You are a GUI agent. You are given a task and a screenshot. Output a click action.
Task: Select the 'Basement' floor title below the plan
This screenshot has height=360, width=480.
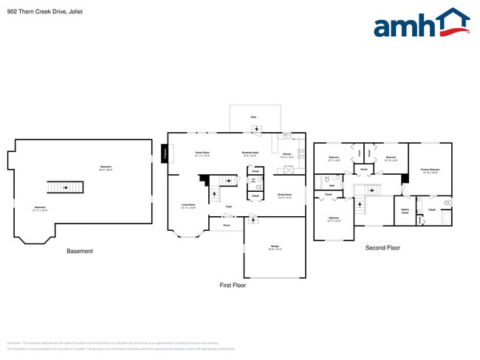point(80,252)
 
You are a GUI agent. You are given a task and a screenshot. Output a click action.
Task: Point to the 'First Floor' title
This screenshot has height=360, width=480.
point(233,285)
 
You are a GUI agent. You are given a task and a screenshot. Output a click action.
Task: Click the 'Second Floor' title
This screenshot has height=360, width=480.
point(383,248)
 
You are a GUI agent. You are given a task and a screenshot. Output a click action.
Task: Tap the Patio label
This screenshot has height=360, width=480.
point(253,117)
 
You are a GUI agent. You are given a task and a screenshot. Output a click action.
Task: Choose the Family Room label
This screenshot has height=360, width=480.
point(202,154)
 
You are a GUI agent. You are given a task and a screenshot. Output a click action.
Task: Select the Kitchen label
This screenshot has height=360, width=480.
point(287,155)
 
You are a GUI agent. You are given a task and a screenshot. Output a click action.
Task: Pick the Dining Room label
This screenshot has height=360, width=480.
point(284,195)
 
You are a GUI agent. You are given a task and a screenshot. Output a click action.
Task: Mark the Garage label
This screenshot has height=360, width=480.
point(274,248)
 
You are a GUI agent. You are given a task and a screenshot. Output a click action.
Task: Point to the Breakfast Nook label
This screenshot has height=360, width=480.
point(250,154)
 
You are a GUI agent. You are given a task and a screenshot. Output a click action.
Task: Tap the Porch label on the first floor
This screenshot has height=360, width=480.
point(227,225)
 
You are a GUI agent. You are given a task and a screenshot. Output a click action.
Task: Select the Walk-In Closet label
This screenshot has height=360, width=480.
point(405,210)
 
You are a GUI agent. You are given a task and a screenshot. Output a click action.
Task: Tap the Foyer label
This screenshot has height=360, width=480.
point(229,207)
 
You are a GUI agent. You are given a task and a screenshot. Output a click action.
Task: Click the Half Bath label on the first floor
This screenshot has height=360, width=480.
point(254,180)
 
